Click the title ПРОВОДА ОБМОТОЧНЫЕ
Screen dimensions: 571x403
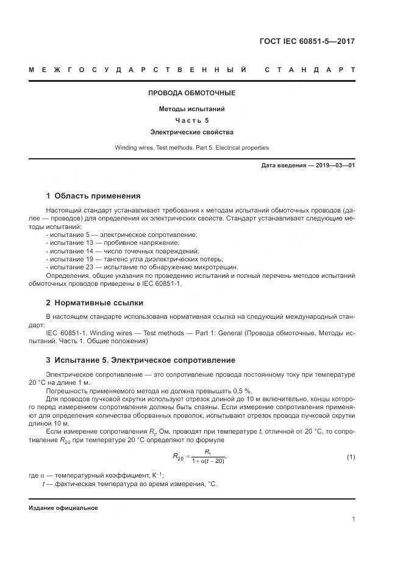coord(191,93)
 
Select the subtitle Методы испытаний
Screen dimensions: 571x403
coord(191,109)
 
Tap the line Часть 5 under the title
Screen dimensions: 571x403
coord(191,120)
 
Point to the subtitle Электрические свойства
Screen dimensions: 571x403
coord(191,131)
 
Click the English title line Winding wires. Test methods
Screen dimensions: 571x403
coord(191,148)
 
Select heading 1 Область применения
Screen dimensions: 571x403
coord(93,196)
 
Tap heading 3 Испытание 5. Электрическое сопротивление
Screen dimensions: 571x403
coord(140,360)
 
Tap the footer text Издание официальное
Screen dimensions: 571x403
coord(63,508)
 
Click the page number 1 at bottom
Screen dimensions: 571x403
coord(354,520)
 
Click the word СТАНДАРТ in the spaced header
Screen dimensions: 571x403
coord(310,70)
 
